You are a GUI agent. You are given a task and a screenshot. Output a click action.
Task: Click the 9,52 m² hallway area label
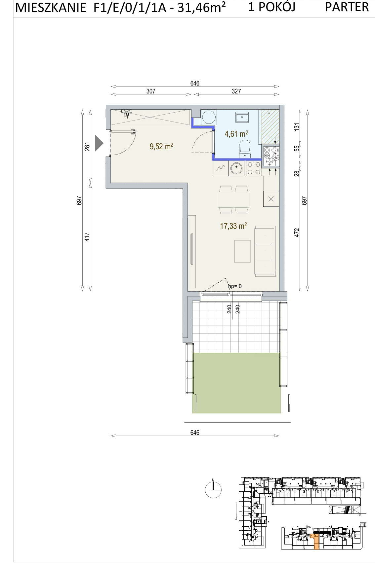coord(161,146)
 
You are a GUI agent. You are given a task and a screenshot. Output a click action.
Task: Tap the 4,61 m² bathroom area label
coord(236,134)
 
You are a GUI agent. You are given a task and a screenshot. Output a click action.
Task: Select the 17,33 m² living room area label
coord(233,226)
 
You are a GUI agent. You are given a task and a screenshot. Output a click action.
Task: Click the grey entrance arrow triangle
coord(99,143)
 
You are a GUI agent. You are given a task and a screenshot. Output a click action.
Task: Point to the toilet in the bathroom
coord(245,149)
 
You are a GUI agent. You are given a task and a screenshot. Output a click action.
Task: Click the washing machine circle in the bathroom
coord(209,117)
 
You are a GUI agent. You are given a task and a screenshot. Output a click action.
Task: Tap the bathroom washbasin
coord(242,117)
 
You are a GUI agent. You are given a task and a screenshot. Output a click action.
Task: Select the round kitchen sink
coord(237,168)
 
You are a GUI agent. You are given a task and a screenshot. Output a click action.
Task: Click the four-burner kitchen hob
coord(254,168)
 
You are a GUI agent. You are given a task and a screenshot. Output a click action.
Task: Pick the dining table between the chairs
coord(233,200)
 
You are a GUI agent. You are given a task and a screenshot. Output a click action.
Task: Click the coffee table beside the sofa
coord(242,251)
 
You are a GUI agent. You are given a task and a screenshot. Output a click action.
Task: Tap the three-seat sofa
coord(265,250)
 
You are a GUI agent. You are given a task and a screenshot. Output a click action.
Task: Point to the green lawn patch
coord(236,383)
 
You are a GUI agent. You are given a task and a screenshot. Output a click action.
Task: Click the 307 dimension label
coord(151,91)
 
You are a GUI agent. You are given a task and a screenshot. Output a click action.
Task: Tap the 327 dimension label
coord(236,91)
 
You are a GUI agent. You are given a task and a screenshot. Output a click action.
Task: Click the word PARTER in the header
coord(347,7)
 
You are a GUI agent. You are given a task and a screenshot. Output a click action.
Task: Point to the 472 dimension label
coord(297,232)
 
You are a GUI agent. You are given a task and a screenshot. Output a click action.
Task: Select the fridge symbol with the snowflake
coord(271,199)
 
